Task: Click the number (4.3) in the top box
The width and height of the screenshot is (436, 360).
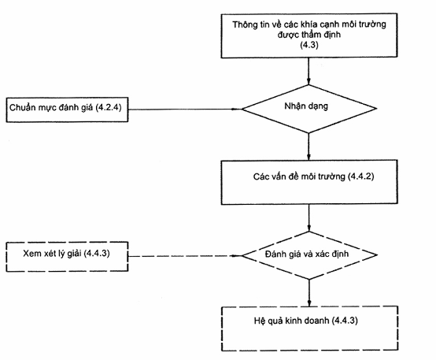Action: click(x=309, y=45)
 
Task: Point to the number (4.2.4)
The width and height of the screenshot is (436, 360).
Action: click(x=109, y=107)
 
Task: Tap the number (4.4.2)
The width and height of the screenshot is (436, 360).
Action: click(x=361, y=176)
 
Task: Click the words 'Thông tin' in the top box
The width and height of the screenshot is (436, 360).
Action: click(x=251, y=24)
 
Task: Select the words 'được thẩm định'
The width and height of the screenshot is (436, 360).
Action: click(x=309, y=35)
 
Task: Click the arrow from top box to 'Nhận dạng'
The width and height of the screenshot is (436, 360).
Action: click(x=309, y=71)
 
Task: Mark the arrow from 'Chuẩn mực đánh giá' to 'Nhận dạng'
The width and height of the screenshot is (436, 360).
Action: click(x=185, y=109)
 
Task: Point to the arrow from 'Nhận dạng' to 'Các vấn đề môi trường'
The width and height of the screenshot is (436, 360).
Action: click(x=309, y=147)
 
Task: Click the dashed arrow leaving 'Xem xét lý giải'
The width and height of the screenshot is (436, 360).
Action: click(x=185, y=255)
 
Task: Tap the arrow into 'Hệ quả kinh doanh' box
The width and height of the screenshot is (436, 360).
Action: click(x=309, y=293)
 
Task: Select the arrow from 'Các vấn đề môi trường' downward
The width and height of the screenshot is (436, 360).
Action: click(x=309, y=218)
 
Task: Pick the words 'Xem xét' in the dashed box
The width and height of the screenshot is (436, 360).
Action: click(x=39, y=254)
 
